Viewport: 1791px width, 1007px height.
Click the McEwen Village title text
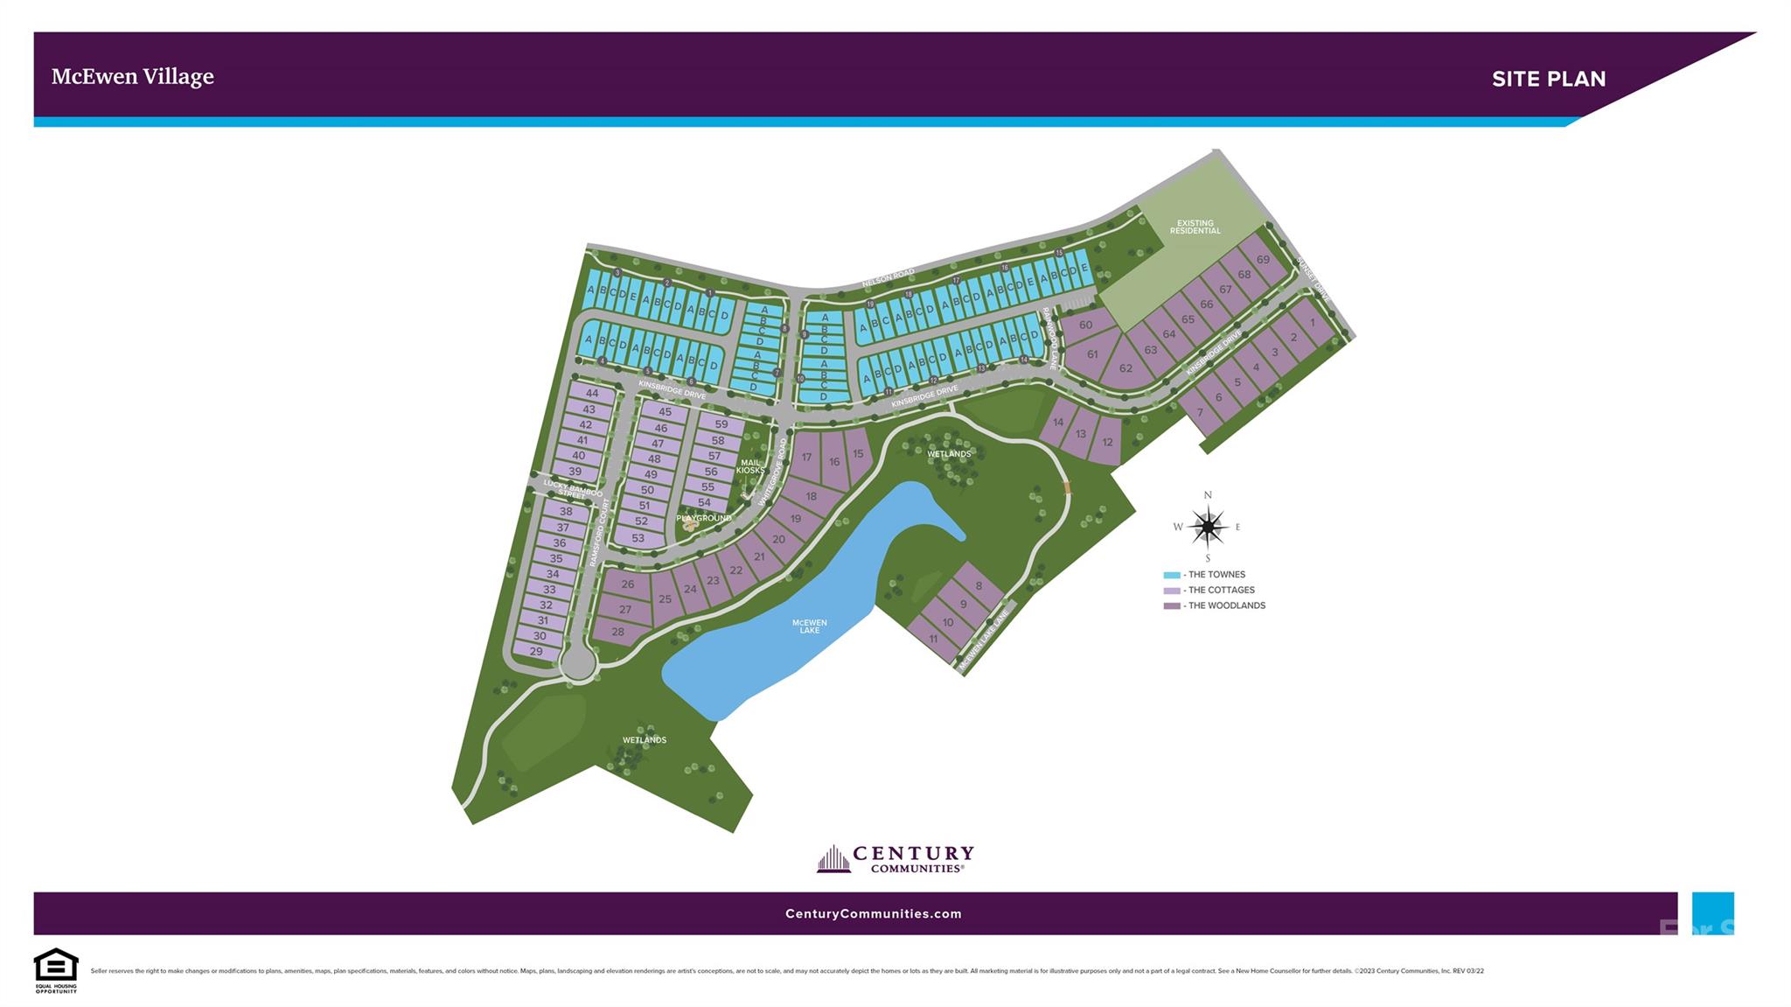click(132, 77)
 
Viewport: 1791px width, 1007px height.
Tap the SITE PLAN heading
click(1548, 79)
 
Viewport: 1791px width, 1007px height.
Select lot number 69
click(1262, 259)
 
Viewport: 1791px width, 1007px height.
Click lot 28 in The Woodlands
click(618, 631)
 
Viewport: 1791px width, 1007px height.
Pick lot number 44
click(592, 394)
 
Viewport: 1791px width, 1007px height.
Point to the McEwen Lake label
click(809, 626)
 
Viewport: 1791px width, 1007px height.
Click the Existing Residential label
click(1195, 227)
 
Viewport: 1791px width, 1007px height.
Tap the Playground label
click(704, 518)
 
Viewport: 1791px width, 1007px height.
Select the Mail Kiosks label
click(750, 466)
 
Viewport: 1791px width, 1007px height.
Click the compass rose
click(1208, 527)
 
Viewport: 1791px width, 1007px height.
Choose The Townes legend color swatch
click(1171, 575)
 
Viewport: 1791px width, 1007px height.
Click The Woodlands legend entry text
click(1226, 605)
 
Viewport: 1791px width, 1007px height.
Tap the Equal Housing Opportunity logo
click(56, 969)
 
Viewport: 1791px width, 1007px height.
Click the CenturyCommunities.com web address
click(873, 913)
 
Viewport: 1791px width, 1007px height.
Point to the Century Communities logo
click(895, 858)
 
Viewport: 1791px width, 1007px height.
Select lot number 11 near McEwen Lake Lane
click(932, 639)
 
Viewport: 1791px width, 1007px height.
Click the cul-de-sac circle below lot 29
click(577, 663)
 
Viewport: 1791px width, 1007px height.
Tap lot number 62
click(1125, 368)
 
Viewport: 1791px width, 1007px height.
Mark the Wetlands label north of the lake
click(949, 454)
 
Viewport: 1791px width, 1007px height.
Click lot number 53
click(638, 538)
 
